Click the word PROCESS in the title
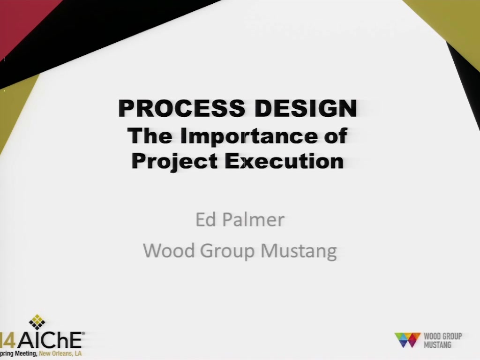[x=181, y=108]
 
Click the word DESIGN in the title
[x=306, y=108]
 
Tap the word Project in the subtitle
[x=174, y=161]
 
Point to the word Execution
[x=285, y=161]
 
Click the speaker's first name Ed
[x=206, y=219]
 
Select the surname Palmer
[x=254, y=219]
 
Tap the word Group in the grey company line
[x=227, y=252]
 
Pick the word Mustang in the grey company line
[x=299, y=252]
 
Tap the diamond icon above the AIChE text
[x=37, y=322]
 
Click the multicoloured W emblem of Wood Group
[x=407, y=340]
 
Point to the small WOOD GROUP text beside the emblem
[x=442, y=336]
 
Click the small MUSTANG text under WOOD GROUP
[x=437, y=345]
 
